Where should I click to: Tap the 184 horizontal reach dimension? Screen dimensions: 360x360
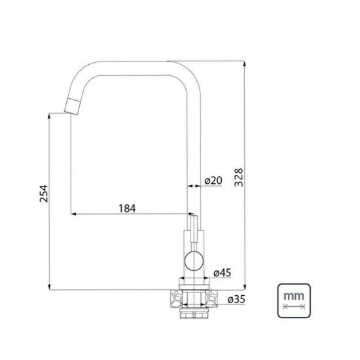coord(127,207)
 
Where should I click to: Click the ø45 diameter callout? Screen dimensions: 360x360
coord(223,272)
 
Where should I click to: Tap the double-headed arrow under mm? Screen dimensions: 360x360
coord(294,306)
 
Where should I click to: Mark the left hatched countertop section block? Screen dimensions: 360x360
coord(175,298)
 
